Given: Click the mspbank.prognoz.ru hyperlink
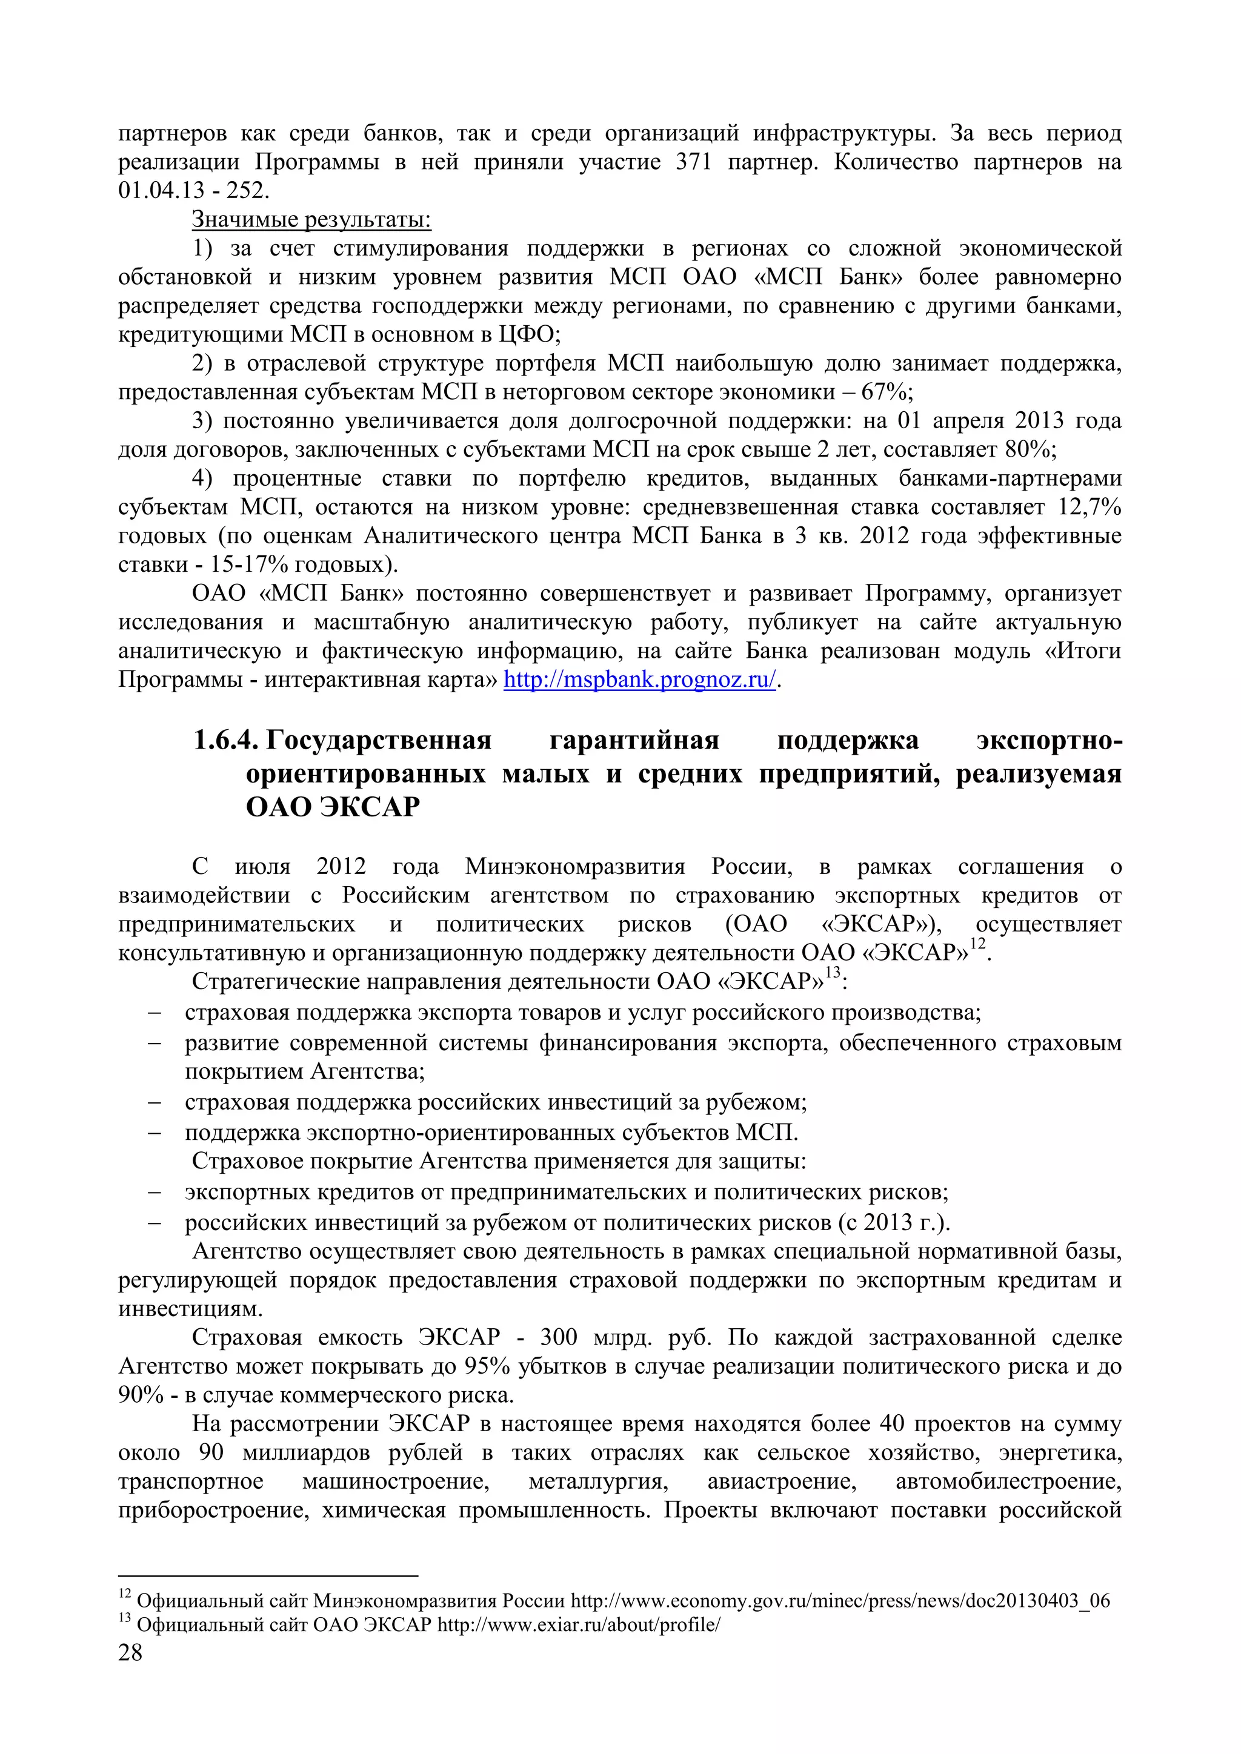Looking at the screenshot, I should [x=640, y=679].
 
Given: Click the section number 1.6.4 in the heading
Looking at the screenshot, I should [x=226, y=740].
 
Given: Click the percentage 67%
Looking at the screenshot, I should [x=887, y=392].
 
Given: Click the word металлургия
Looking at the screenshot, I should [x=598, y=1482].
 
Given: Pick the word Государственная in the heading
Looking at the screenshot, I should [x=378, y=740].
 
